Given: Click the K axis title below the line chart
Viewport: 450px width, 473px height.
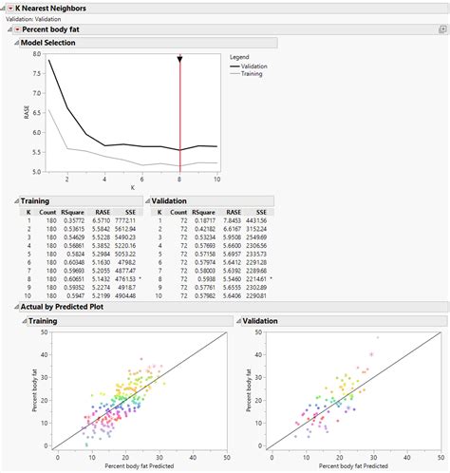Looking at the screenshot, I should coord(133,188).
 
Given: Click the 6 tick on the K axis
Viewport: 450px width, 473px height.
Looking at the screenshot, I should coord(141,179).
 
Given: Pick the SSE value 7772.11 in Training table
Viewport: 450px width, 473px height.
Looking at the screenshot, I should coord(126,218).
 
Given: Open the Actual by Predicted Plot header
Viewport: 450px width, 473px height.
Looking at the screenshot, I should coord(62,308).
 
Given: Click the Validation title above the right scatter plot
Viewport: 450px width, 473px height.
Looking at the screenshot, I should coord(262,321).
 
